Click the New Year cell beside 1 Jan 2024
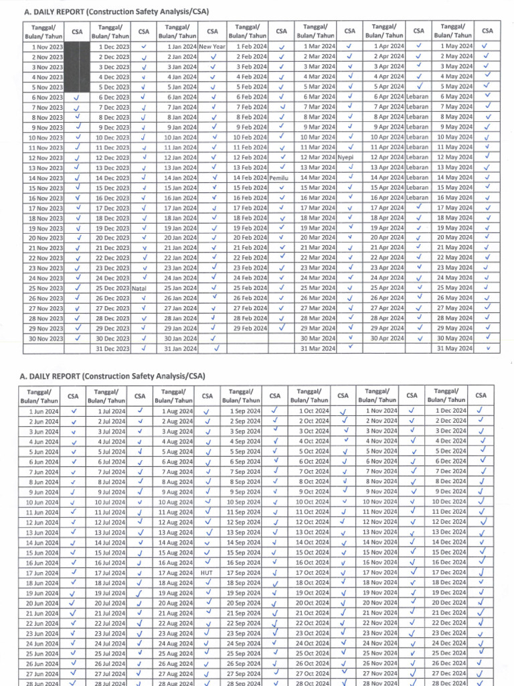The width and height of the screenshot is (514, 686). pyautogui.click(x=212, y=46)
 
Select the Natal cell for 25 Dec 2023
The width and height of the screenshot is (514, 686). pyautogui.click(x=139, y=288)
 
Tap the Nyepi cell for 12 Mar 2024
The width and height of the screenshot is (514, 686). pyautogui.click(x=346, y=157)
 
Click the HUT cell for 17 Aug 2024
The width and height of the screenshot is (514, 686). pyautogui.click(x=207, y=573)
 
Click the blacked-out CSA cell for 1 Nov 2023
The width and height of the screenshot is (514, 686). pyautogui.click(x=78, y=46)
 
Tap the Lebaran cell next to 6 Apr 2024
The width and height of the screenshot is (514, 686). pyautogui.click(x=417, y=96)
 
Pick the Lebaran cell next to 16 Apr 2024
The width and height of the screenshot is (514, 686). pyautogui.click(x=417, y=198)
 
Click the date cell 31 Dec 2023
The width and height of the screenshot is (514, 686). pyautogui.click(x=110, y=348)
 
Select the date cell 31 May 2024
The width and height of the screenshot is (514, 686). pyautogui.click(x=454, y=348)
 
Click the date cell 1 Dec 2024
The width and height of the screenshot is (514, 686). pyautogui.click(x=453, y=410)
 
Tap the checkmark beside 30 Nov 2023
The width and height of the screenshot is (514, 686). pyautogui.click(x=78, y=338)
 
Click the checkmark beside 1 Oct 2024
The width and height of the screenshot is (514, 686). pyautogui.click(x=343, y=411)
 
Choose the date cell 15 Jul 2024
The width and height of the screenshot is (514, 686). pyautogui.click(x=110, y=553)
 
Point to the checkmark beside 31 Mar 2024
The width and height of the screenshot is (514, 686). pyautogui.click(x=350, y=348)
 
